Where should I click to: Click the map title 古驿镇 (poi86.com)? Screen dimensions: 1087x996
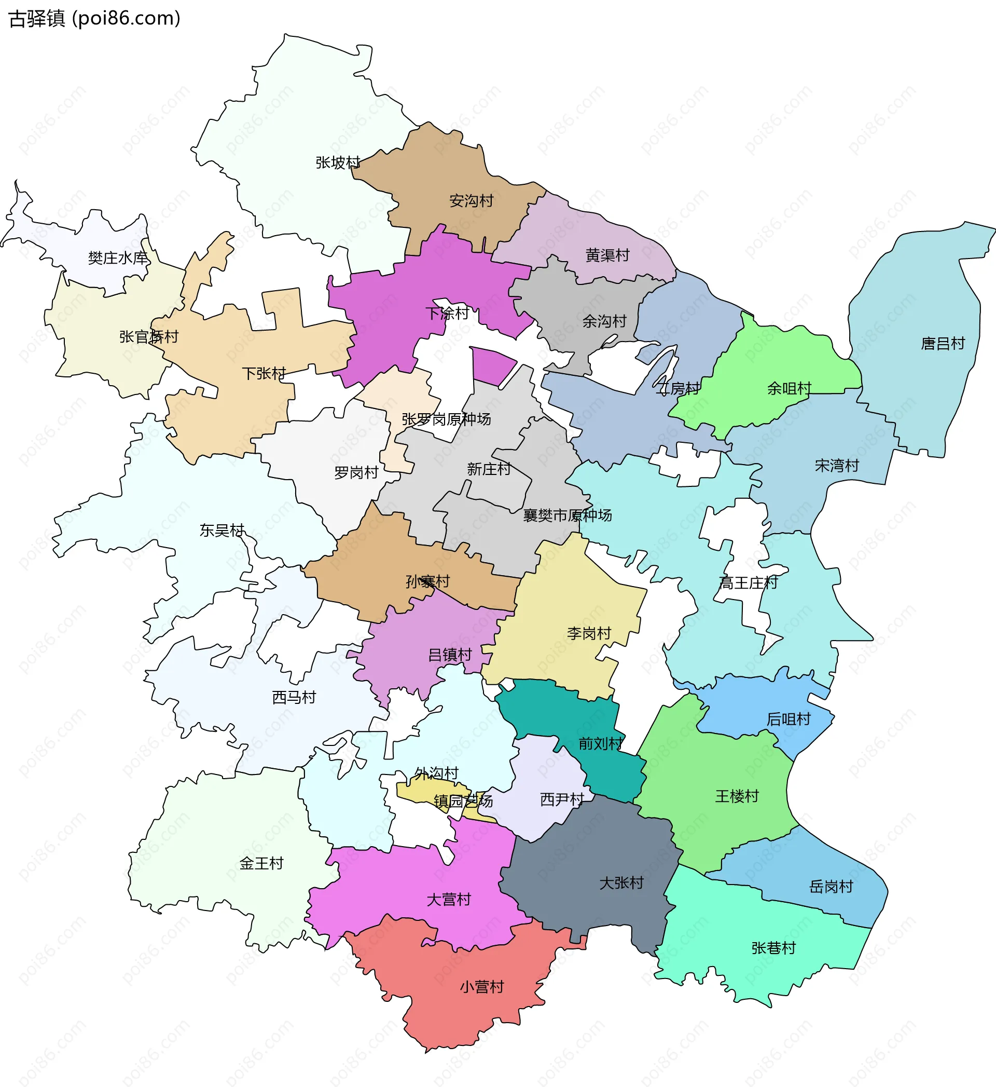coord(94,18)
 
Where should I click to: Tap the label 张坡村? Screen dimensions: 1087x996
coord(337,162)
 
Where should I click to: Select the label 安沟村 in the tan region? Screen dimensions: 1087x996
coord(471,200)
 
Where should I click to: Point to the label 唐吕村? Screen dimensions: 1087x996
coord(942,344)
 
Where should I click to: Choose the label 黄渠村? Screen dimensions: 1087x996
coord(607,255)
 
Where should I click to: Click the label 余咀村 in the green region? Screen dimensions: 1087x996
coord(789,388)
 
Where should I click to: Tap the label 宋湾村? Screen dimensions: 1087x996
coord(836,465)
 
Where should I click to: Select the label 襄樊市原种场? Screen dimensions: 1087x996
coord(567,515)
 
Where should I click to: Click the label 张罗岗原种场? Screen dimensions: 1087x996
coord(446,419)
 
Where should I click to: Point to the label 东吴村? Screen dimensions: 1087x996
coord(222,530)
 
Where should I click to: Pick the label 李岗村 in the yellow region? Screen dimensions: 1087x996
coord(589,633)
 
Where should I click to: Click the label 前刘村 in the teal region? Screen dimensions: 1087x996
coord(600,743)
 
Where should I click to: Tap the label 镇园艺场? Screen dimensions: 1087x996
coord(462,800)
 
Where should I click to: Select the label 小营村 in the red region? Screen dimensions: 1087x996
coord(481,987)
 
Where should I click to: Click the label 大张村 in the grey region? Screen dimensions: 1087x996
coord(621,882)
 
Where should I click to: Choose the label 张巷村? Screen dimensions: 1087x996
coord(773,948)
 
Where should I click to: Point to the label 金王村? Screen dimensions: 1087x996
coord(261,863)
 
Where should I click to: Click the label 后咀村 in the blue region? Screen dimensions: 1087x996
coord(788,719)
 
